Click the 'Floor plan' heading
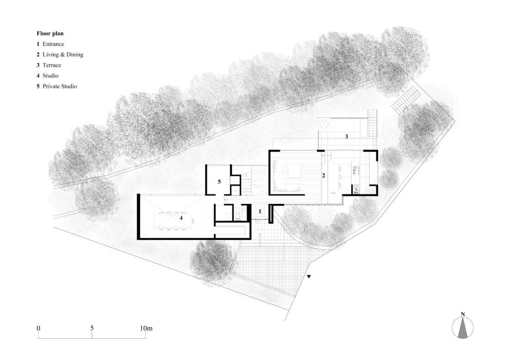pyautogui.click(x=50, y=33)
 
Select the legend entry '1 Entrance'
pyautogui.click(x=50, y=44)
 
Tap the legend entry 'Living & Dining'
pyautogui.click(x=63, y=55)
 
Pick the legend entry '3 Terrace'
pyautogui.click(x=49, y=65)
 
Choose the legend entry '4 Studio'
pyautogui.click(x=47, y=75)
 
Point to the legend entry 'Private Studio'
pyautogui.click(x=60, y=87)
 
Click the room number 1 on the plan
pyautogui.click(x=260, y=211)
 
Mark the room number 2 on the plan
pyautogui.click(x=323, y=176)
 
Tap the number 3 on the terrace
pyautogui.click(x=347, y=137)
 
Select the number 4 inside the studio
pyautogui.click(x=181, y=218)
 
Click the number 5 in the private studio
pyautogui.click(x=219, y=182)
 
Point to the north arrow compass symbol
pyautogui.click(x=463, y=328)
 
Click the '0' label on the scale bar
pyautogui.click(x=38, y=328)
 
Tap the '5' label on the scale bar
pyautogui.click(x=92, y=328)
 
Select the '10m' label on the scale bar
pyautogui.click(x=146, y=328)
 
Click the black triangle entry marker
pyautogui.click(x=309, y=277)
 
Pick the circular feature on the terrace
pyautogui.click(x=323, y=124)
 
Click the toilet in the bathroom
pyautogui.click(x=238, y=216)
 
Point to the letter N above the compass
pyautogui.click(x=463, y=314)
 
